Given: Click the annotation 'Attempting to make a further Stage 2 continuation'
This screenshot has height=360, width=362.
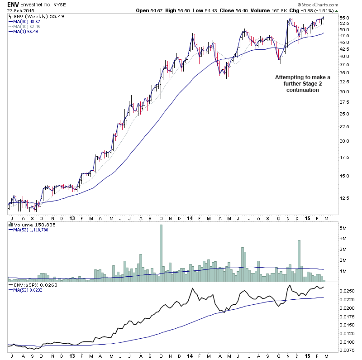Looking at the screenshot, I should pos(303,84).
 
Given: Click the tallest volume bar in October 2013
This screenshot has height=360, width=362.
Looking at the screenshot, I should pos(161,254).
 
